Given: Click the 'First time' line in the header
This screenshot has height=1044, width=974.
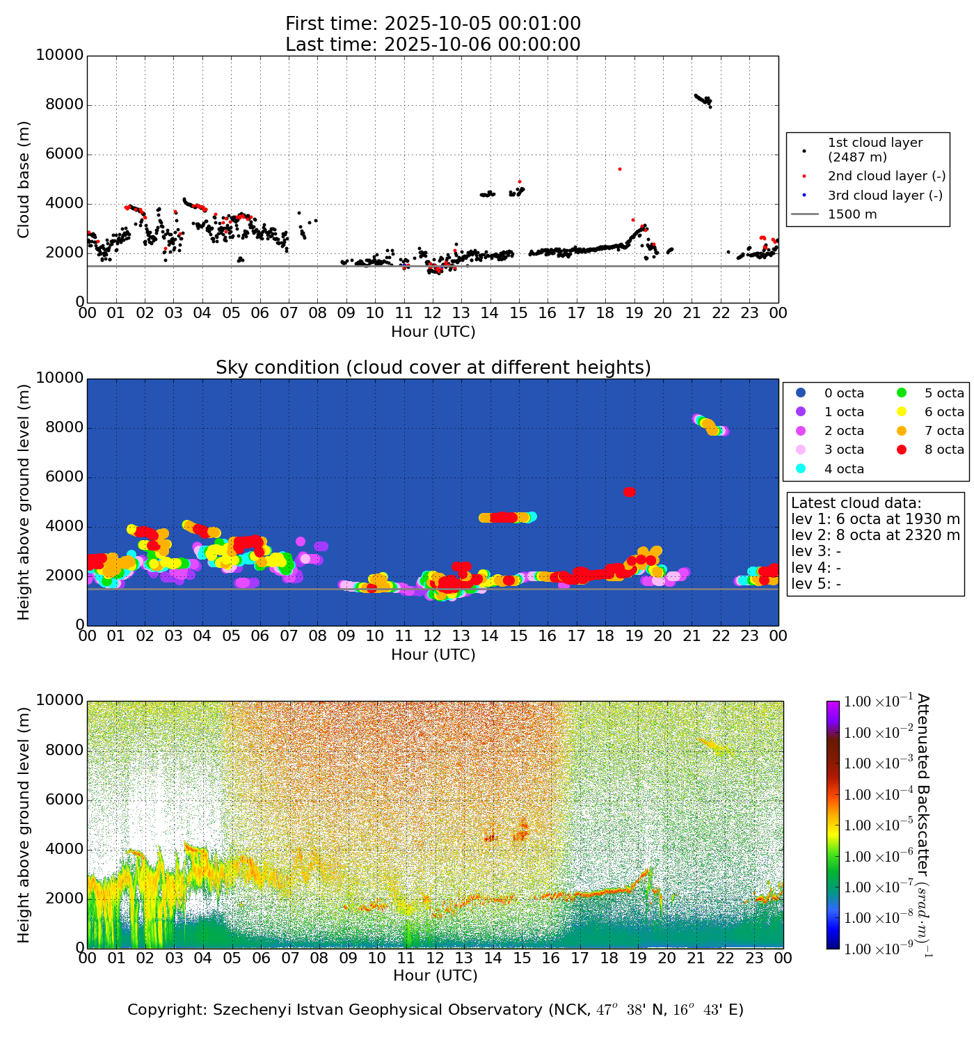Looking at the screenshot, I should (x=433, y=24).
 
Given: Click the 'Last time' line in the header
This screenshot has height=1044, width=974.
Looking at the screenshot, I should (x=433, y=45).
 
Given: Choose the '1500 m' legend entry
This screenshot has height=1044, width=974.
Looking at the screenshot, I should (x=852, y=214).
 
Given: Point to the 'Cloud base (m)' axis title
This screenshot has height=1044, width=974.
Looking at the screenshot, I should (x=24, y=180).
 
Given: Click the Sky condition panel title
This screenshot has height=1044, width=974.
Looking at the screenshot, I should (x=433, y=367).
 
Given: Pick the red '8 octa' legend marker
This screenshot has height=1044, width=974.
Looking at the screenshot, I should (x=902, y=450).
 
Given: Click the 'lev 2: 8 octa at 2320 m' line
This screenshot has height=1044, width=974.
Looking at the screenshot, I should (x=875, y=535).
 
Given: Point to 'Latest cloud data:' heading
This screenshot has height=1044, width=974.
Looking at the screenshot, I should (x=856, y=503).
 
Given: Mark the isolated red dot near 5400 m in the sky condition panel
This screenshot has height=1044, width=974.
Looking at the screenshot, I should (x=629, y=492).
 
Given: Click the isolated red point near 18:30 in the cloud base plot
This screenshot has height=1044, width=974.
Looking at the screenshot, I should (x=619, y=169).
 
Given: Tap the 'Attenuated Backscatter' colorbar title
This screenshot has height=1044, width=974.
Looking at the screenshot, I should (x=923, y=825).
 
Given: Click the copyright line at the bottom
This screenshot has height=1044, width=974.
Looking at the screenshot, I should (x=435, y=1010).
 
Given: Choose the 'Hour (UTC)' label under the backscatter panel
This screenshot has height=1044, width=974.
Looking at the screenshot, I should (x=435, y=976).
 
